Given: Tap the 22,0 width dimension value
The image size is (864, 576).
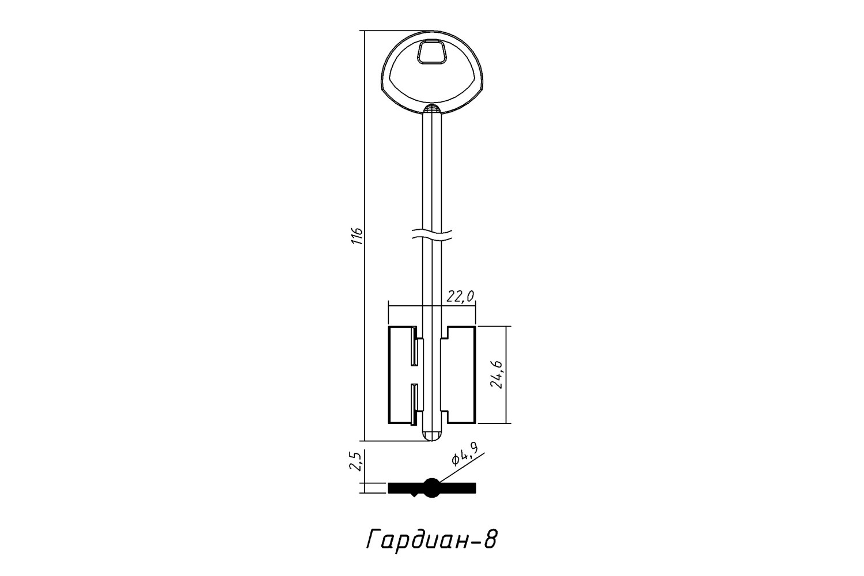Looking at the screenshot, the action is [460, 296].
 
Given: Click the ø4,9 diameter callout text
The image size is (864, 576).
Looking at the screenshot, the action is [465, 453].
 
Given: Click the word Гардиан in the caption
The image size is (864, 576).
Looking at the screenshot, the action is [416, 540].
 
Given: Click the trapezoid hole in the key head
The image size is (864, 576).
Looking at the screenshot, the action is [431, 52].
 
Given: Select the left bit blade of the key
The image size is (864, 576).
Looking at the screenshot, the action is [401, 375].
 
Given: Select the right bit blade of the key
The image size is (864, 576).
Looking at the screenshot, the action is [461, 375].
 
